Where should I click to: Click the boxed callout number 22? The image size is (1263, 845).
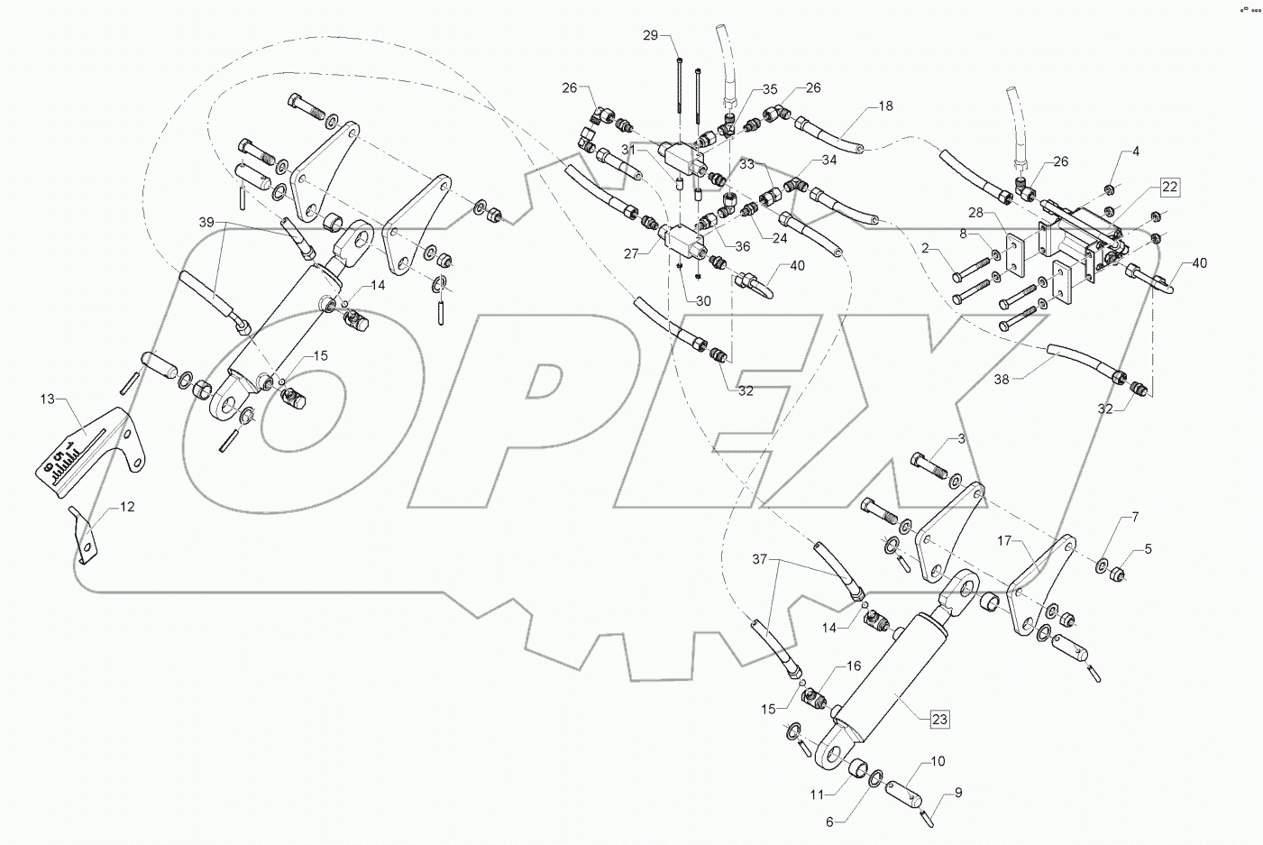[1169, 187]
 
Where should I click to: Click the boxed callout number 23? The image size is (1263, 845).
[938, 719]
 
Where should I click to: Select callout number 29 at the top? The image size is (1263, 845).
[676, 35]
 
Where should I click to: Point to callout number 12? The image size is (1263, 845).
[127, 508]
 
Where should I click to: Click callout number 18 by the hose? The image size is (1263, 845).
[885, 106]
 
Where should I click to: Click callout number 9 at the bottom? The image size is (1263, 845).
[957, 793]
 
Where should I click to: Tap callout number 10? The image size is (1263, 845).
[938, 762]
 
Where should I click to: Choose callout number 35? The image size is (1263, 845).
[769, 90]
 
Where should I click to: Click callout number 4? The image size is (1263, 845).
[1136, 152]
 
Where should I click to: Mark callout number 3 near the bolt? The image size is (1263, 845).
[961, 438]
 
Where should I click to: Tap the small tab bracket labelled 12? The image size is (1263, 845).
[84, 538]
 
